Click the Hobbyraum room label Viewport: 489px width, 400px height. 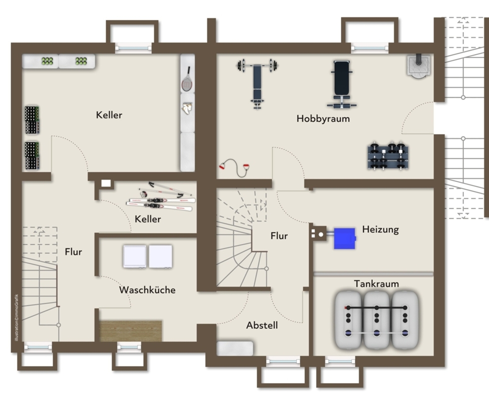point(323,118)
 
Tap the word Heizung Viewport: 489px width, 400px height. point(380,229)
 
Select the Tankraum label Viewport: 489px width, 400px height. point(376,284)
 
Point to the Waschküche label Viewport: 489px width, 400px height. point(147,290)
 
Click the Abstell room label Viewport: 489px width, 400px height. point(262,325)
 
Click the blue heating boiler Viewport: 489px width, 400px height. point(345,238)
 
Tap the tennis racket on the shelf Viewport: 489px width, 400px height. point(187,79)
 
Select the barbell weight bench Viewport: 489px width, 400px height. point(257,83)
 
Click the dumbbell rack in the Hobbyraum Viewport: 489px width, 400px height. point(388,156)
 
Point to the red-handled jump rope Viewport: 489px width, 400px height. point(235,167)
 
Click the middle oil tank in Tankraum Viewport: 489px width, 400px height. point(377,320)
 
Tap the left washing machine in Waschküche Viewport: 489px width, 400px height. point(135,256)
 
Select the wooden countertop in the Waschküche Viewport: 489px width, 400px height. point(131,331)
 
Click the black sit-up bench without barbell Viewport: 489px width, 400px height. point(342,84)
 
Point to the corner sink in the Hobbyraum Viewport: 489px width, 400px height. point(418,65)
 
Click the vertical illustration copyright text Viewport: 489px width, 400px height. point(17,318)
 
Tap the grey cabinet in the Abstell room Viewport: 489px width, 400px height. point(235,348)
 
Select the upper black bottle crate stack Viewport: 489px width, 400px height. point(32,120)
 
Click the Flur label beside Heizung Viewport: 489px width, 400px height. point(279,236)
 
